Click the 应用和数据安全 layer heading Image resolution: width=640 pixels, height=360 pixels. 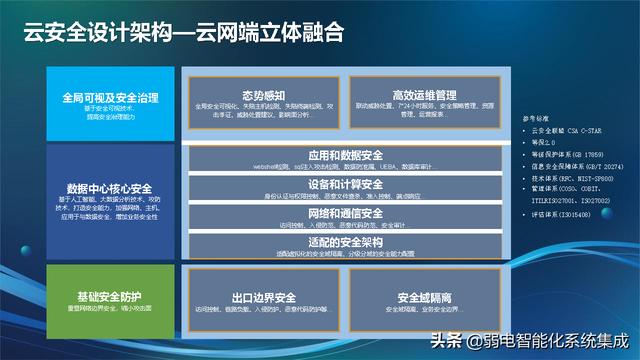point(344,155)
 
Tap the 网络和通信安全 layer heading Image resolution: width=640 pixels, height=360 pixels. point(344,213)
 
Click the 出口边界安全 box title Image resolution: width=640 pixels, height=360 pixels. point(263,297)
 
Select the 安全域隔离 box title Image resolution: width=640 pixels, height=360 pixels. point(423,297)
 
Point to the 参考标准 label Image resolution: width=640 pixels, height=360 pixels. point(535,118)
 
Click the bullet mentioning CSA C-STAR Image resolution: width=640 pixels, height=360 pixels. point(565,131)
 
